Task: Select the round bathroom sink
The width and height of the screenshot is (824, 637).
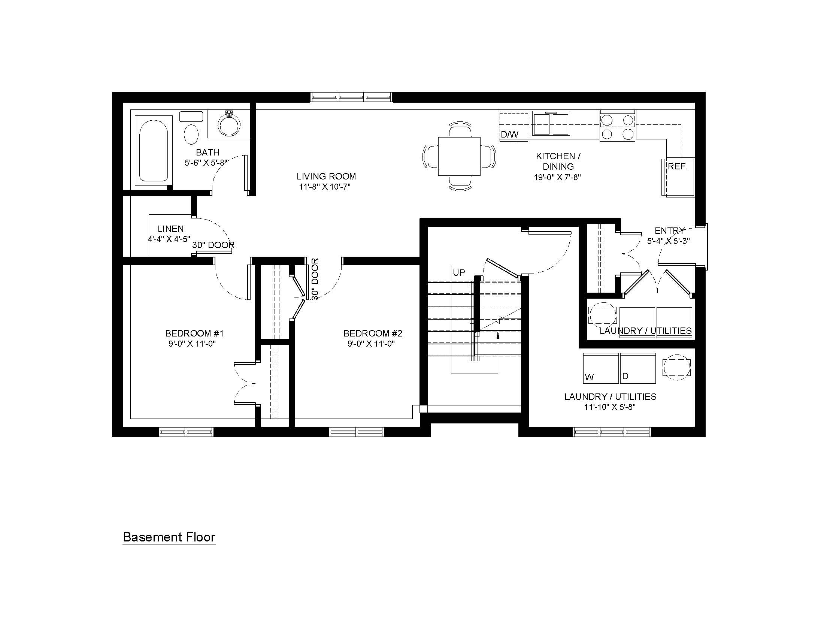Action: click(229, 124)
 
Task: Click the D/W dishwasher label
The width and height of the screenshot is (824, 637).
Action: click(509, 134)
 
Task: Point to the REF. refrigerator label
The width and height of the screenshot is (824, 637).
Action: click(678, 166)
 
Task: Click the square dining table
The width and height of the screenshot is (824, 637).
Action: click(459, 156)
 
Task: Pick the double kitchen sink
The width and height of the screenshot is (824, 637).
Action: click(551, 123)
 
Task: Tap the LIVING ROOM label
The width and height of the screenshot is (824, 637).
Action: click(326, 176)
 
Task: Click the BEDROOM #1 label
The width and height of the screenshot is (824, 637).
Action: click(194, 333)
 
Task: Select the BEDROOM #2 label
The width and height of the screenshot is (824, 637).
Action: click(373, 333)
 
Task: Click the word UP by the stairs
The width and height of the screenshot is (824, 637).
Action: click(459, 272)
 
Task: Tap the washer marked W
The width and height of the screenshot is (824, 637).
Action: click(601, 368)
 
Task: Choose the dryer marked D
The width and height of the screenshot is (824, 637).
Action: click(637, 368)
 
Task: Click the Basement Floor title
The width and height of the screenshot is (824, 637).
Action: click(169, 537)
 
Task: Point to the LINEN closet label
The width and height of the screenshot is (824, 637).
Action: click(170, 229)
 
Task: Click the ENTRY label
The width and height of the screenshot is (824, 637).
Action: click(669, 230)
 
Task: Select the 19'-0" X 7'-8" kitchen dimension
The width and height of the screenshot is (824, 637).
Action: click(557, 177)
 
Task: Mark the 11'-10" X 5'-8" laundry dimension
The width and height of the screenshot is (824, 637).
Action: click(610, 407)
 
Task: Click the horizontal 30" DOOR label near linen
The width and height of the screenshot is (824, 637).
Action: click(213, 245)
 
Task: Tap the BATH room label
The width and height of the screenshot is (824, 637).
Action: click(207, 152)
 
